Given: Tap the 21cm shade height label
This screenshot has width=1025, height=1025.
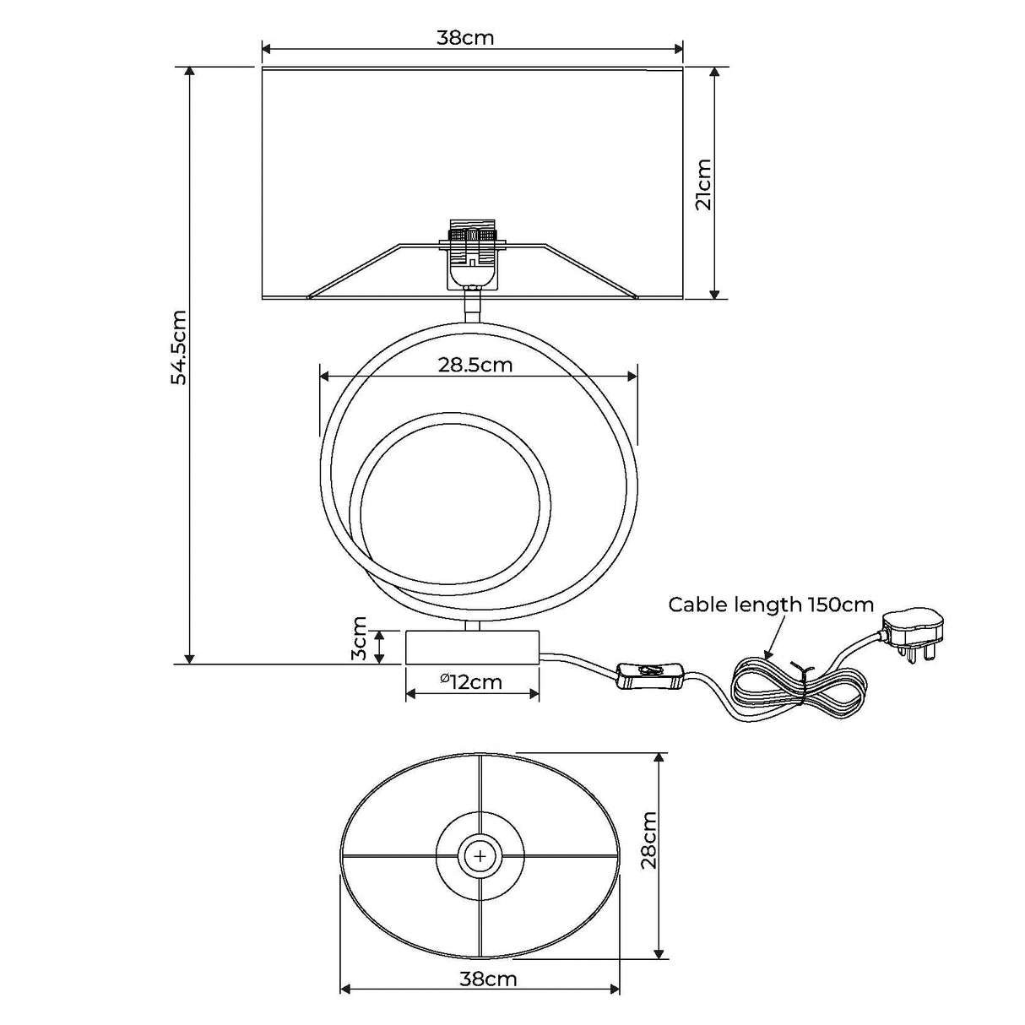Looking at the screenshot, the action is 703,184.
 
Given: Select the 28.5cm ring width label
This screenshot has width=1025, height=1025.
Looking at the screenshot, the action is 475,365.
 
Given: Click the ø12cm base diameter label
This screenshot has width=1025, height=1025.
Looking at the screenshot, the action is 471,682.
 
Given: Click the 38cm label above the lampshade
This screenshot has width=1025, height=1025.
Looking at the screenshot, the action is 465,38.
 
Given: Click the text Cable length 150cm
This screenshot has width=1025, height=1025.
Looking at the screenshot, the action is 771,605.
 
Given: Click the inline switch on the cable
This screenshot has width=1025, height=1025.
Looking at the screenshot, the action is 649,675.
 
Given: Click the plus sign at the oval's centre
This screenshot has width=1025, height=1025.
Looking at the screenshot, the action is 480,856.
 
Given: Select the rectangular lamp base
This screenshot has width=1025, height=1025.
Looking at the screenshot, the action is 472,647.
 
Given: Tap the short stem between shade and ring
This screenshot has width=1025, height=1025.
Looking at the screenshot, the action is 471,306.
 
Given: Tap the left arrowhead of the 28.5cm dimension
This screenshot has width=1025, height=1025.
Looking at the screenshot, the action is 324,377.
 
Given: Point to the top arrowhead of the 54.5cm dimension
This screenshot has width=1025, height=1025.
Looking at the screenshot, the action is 189,72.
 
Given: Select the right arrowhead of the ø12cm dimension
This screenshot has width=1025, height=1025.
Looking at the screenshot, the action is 534,694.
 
